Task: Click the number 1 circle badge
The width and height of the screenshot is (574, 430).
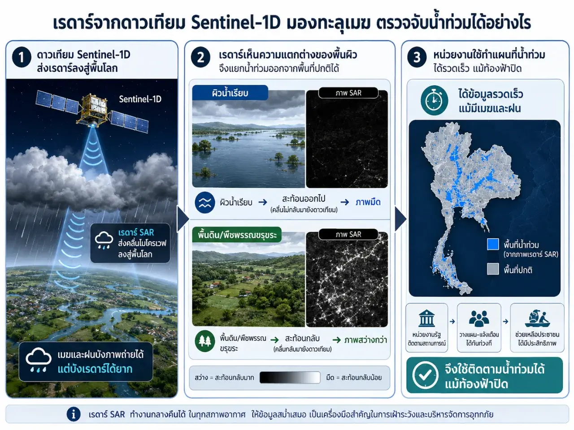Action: click(x=22, y=57)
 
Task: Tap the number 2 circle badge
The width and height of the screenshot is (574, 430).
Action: click(x=200, y=57)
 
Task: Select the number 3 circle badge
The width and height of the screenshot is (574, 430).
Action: click(x=417, y=57)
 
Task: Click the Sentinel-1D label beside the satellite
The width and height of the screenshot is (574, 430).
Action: click(x=140, y=99)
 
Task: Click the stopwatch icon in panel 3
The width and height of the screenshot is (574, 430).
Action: click(x=434, y=100)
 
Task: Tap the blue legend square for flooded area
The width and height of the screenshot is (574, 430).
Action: click(x=493, y=245)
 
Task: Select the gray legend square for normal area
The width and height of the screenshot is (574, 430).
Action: click(x=493, y=269)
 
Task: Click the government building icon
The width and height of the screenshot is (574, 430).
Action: click(x=426, y=318)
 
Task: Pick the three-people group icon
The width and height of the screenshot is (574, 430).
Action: click(x=479, y=318)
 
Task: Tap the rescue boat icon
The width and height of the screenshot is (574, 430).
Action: click(x=537, y=318)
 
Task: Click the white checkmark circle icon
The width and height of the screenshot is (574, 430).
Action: click(x=426, y=375)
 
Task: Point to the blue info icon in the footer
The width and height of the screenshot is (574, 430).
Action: click(x=74, y=414)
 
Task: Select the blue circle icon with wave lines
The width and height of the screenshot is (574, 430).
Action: click(x=205, y=202)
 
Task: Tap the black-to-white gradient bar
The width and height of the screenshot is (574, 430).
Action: click(x=290, y=378)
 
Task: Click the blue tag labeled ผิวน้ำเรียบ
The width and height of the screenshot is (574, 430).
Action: click(x=230, y=93)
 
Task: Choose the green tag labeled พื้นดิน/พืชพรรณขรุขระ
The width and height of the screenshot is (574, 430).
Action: click(x=237, y=235)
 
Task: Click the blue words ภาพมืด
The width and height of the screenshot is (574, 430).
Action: click(x=368, y=202)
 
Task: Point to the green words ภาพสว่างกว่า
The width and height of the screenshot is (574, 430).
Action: click(x=365, y=340)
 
